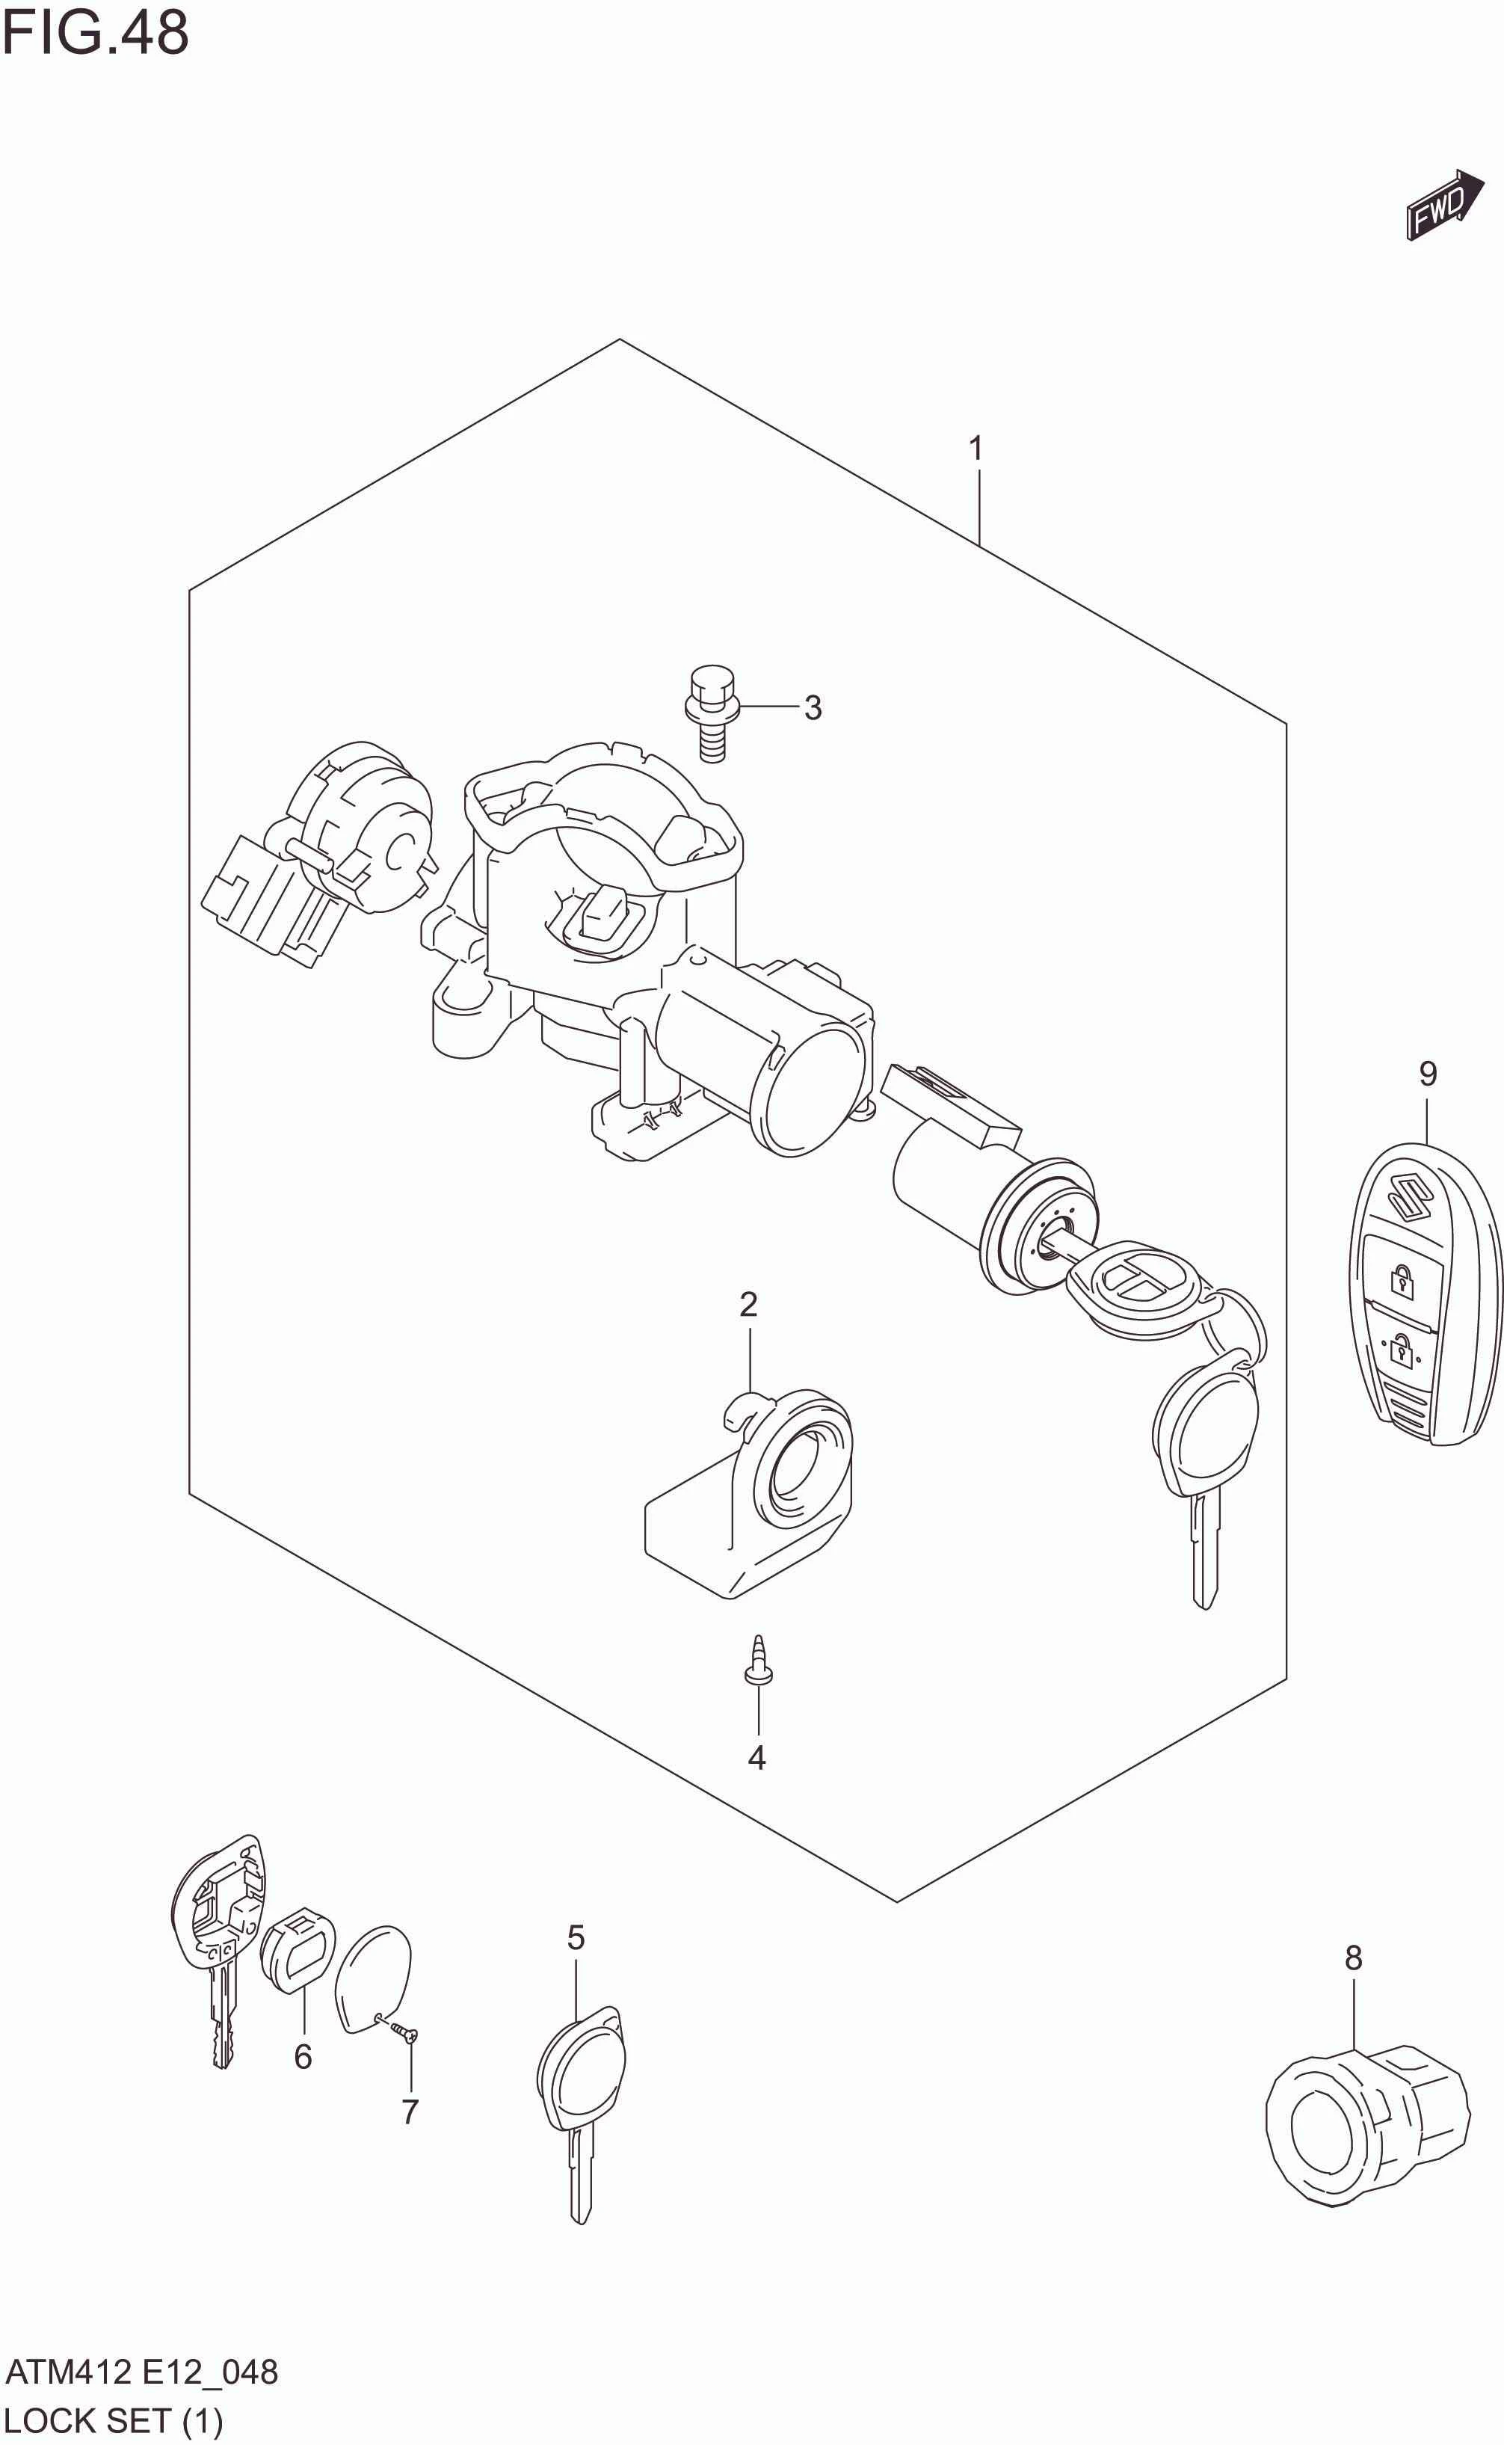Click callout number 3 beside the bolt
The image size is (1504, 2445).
click(x=813, y=707)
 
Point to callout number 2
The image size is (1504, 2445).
click(x=748, y=1304)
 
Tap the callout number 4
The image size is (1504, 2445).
click(x=757, y=1759)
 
